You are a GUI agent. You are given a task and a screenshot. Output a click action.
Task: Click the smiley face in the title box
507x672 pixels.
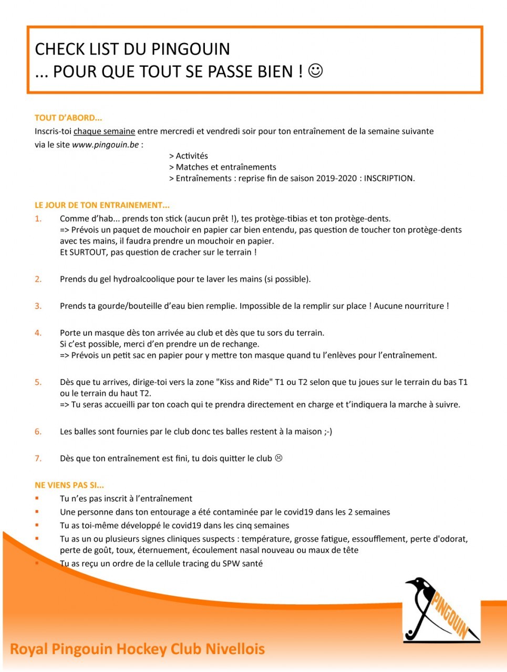pos(315,70)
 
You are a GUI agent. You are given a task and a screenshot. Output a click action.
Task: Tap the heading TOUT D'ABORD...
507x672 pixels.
pos(68,118)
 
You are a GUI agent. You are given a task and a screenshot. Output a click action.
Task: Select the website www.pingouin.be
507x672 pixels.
pos(105,145)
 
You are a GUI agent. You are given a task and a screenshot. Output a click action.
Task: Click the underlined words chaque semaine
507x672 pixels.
pos(104,131)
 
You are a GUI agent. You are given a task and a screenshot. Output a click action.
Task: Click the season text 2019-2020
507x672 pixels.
pos(336,178)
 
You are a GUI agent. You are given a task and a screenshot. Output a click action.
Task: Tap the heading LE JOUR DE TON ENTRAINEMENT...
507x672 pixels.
pos(102,205)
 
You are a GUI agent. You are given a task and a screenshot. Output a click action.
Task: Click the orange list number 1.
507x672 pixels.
pos(38,219)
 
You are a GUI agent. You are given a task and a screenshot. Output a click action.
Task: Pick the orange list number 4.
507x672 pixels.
pos(38,333)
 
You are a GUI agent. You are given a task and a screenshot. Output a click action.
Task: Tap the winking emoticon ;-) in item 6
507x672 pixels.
pos(328,432)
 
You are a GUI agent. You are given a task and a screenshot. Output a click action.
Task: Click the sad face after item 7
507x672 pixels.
pos(279,458)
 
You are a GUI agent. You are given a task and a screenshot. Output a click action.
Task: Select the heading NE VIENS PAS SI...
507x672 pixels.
pos(69,485)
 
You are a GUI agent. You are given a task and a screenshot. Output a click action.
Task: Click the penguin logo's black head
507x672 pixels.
pos(418,583)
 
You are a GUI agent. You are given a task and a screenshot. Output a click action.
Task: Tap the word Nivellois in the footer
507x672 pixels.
pos(235,649)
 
